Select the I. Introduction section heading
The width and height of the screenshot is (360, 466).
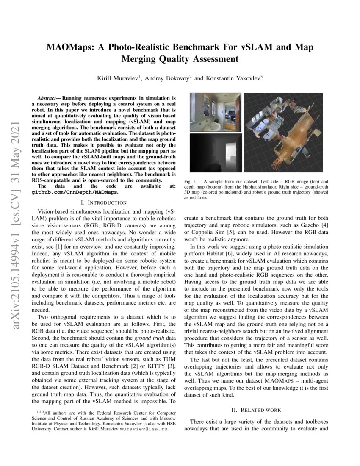point(104,202)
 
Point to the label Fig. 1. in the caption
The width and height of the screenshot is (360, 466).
point(190,181)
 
